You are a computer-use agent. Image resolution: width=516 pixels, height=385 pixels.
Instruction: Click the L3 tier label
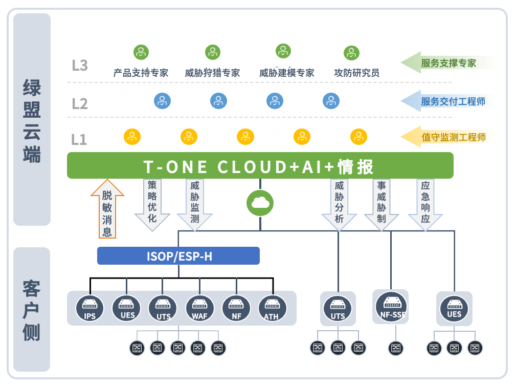tap(80, 66)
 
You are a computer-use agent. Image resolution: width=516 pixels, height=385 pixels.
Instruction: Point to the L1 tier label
tap(79, 139)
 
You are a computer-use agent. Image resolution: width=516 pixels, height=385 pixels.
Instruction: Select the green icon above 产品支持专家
tap(141, 52)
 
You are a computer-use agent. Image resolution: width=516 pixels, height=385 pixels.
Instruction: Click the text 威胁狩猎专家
tap(212, 73)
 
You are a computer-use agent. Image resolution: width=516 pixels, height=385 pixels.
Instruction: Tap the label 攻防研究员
tap(356, 73)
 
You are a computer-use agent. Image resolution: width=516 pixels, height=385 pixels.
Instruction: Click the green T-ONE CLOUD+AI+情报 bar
tap(260, 166)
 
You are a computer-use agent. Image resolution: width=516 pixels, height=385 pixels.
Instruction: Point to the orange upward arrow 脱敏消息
tap(107, 209)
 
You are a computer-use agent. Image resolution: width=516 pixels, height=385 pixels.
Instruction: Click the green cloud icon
tap(260, 203)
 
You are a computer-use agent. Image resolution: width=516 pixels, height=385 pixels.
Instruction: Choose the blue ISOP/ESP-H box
tap(178, 256)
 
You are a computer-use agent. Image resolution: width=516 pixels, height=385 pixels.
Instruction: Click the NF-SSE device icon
tap(391, 307)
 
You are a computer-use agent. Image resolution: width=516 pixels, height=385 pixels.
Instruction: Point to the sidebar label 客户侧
tap(32, 310)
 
